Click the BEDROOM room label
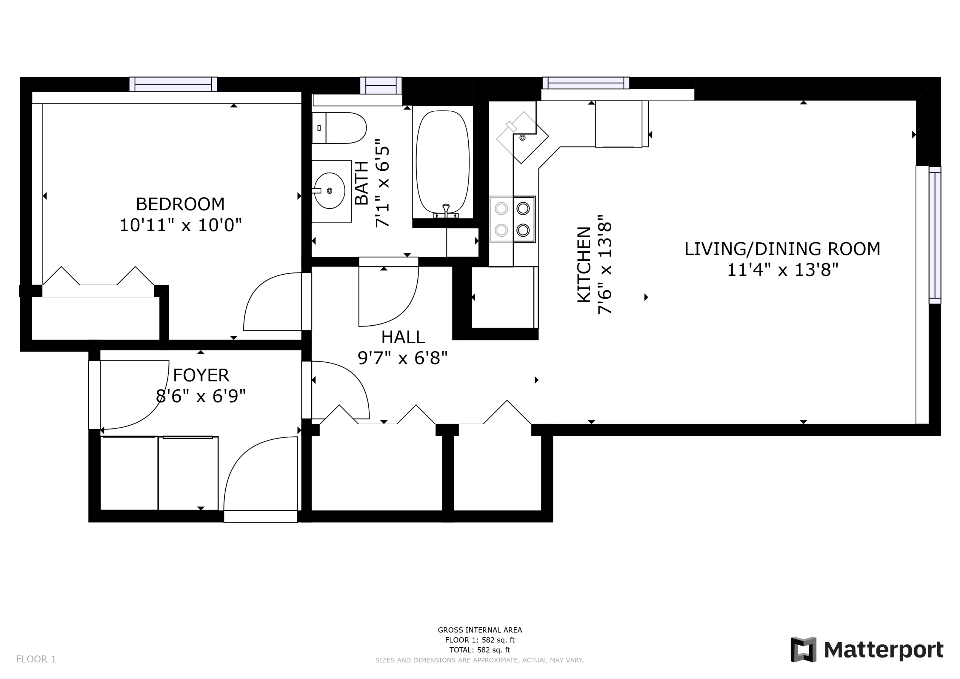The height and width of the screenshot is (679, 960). tap(180, 204)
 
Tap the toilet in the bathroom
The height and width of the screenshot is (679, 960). tap(339, 128)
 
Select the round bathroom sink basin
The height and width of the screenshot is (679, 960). tap(330, 191)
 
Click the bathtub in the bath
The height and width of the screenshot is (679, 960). tap(443, 162)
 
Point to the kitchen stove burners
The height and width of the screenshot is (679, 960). tap(513, 219)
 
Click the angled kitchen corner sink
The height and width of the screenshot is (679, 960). tap(523, 137)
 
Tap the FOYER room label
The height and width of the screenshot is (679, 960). tap(201, 375)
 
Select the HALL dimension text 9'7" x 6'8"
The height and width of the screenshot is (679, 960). tap(403, 358)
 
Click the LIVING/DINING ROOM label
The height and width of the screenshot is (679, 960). tap(782, 249)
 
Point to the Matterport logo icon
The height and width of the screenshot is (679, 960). tap(803, 650)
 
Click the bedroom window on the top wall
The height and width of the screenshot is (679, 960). tap(173, 84)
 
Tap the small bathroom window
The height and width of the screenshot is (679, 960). tap(381, 86)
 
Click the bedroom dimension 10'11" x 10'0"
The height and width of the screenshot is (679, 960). tap(181, 225)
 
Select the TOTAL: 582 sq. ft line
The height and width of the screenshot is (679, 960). tap(480, 650)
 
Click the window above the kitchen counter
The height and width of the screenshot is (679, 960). tap(586, 83)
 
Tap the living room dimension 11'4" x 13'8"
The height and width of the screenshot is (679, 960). tap(783, 270)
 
